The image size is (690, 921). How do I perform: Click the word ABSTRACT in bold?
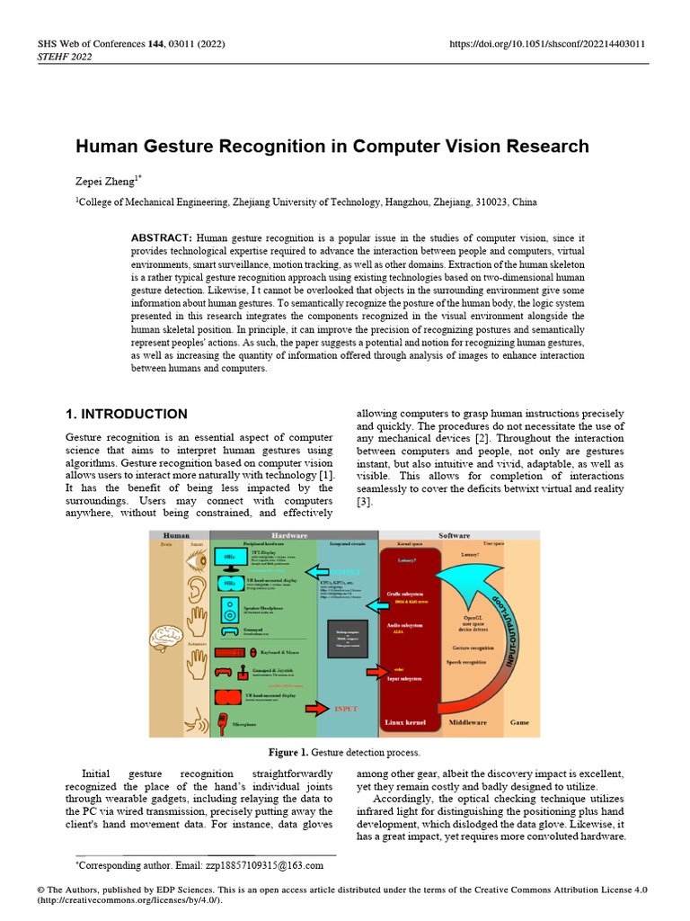(162, 237)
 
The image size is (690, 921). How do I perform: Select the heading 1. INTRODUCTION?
(127, 415)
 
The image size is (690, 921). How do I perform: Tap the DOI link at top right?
(546, 44)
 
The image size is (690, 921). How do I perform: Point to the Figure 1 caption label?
(289, 752)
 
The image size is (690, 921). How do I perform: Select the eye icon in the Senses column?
(196, 562)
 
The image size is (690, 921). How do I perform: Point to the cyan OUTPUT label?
(345, 572)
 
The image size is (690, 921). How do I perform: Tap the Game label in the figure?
(520, 722)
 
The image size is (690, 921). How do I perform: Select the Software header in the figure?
(455, 535)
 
